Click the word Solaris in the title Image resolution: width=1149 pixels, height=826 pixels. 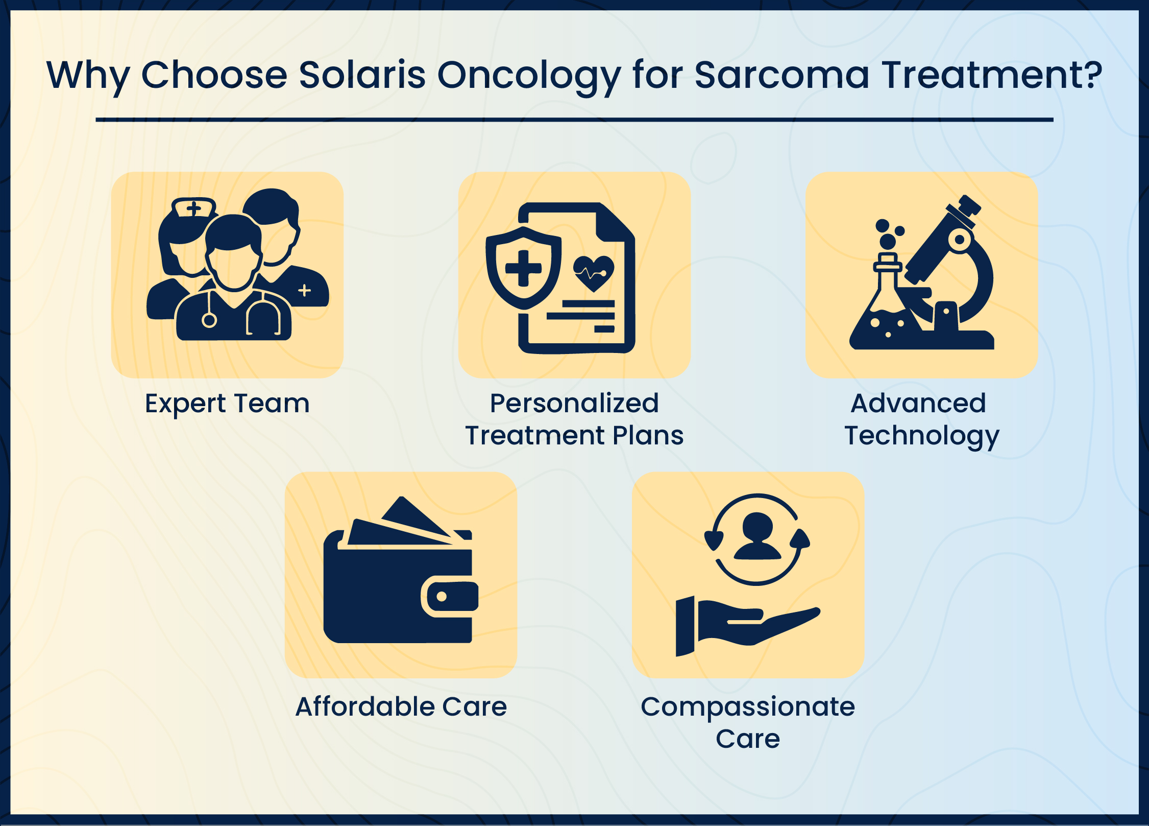362,75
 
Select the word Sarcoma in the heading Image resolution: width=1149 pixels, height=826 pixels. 782,75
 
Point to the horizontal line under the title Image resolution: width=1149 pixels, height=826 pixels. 574,120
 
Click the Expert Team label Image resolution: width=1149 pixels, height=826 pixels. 227,404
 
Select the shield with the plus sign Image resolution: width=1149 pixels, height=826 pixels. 523,268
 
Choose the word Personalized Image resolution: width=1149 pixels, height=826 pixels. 574,403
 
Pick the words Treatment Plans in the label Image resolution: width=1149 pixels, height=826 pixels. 574,435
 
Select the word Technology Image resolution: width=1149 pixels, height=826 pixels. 922,436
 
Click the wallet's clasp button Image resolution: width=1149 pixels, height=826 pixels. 442,596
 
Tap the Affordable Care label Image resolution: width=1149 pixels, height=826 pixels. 401,706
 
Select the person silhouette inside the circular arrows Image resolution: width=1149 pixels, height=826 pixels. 757,536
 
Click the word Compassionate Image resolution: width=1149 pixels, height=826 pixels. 748,707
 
